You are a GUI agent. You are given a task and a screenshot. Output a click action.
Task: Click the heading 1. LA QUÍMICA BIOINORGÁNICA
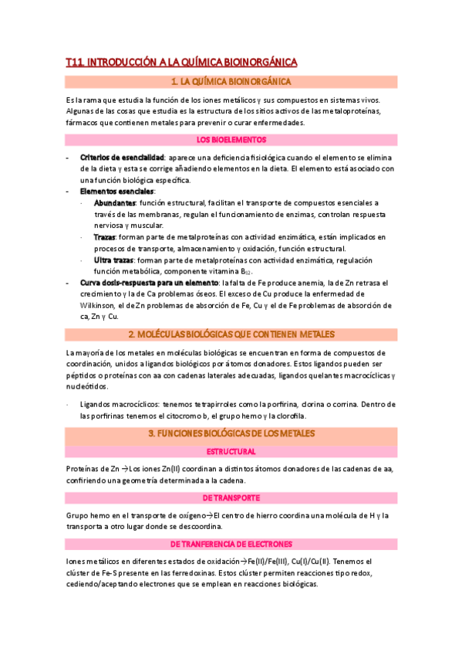pyautogui.click(x=231, y=81)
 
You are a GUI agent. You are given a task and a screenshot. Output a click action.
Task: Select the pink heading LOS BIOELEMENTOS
pyautogui.click(x=231, y=140)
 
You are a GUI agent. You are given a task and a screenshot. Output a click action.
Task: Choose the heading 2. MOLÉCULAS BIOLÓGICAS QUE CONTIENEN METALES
pyautogui.click(x=231, y=334)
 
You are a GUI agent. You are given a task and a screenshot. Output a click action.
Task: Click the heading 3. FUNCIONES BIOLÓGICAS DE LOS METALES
pyautogui.click(x=231, y=436)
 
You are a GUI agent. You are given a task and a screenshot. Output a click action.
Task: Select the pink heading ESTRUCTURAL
pyautogui.click(x=231, y=451)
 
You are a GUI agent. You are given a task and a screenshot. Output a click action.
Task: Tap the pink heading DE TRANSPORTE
pyautogui.click(x=231, y=498)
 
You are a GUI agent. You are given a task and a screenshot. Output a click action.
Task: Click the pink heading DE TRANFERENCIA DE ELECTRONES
pyautogui.click(x=231, y=545)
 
